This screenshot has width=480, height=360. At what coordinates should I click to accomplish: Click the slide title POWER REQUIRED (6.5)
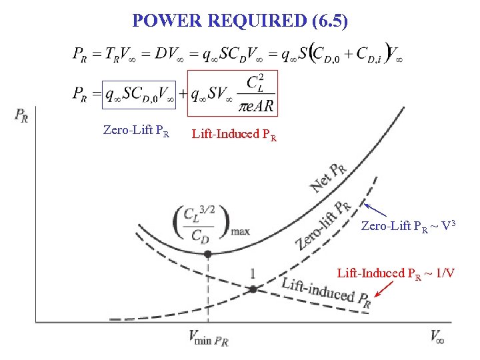pyautogui.click(x=240, y=21)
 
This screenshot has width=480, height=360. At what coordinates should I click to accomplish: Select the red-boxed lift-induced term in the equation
pyautogui.click(x=231, y=93)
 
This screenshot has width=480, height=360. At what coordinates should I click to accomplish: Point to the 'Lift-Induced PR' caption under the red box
pyautogui.click(x=234, y=134)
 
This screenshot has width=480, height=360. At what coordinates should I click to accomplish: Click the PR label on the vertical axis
pyautogui.click(x=21, y=116)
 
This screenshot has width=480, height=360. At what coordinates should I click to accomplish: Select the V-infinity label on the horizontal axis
pyautogui.click(x=437, y=337)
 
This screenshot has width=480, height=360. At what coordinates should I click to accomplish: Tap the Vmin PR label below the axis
pyautogui.click(x=208, y=339)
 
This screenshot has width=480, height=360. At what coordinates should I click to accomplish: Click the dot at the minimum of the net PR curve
pyautogui.click(x=208, y=254)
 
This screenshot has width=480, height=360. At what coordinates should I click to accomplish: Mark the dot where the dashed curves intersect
pyautogui.click(x=253, y=289)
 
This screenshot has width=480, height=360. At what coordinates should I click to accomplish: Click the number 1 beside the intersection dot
pyautogui.click(x=253, y=274)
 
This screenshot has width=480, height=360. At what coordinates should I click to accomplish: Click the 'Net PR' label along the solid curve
pyautogui.click(x=329, y=177)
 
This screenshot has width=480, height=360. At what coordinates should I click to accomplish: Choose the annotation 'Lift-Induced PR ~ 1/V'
pyautogui.click(x=396, y=273)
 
